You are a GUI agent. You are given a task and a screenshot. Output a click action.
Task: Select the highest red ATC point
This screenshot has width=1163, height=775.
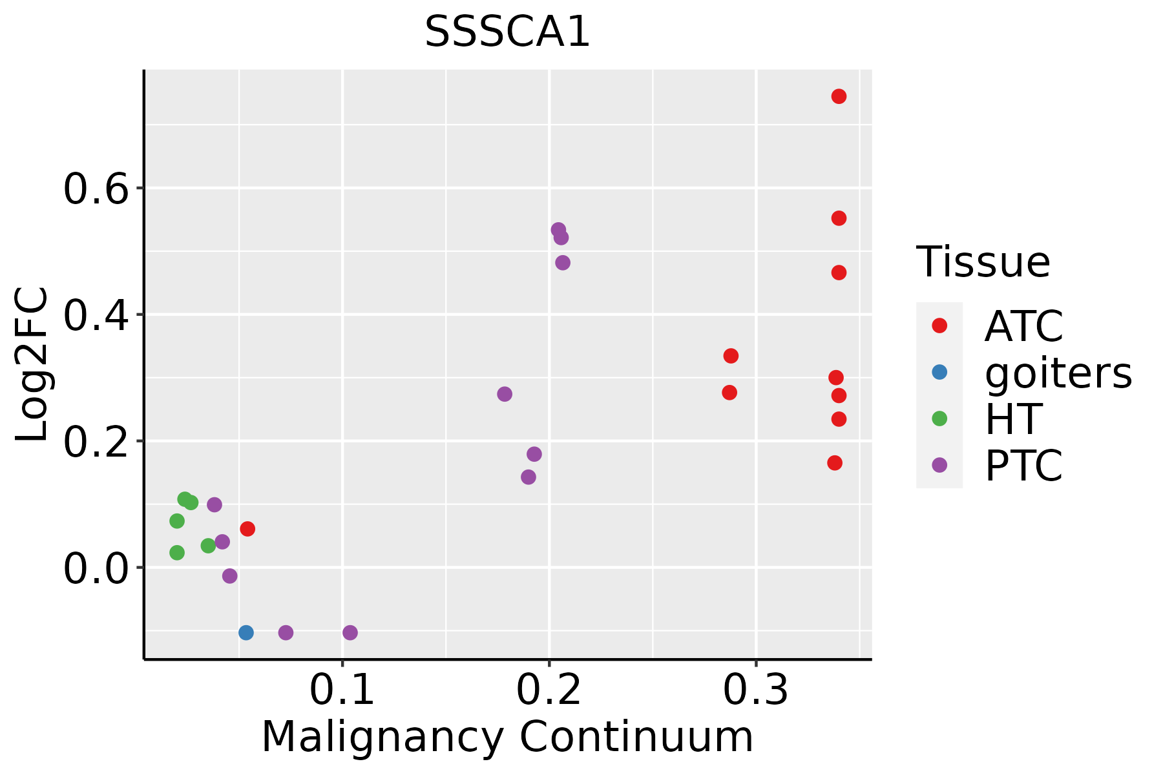click(x=839, y=96)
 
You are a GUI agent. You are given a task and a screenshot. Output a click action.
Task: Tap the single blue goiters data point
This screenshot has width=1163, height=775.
click(x=246, y=632)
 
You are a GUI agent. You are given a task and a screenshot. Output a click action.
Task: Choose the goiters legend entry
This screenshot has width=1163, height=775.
click(x=1058, y=373)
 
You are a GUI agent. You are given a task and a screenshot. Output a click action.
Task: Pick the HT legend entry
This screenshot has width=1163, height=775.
click(x=1012, y=419)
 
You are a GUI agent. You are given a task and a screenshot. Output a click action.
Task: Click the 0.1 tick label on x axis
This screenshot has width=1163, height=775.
click(x=342, y=690)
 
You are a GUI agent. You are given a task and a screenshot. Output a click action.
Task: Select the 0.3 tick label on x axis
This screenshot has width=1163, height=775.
click(x=755, y=690)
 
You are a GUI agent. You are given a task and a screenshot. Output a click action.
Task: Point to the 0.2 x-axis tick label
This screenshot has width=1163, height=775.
click(x=549, y=690)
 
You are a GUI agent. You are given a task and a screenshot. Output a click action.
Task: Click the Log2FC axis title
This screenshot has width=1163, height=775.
click(x=32, y=365)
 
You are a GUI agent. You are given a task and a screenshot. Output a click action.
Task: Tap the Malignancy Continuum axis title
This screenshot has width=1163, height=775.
click(x=507, y=737)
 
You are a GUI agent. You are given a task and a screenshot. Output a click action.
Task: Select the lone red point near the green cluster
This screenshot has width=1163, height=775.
click(x=247, y=529)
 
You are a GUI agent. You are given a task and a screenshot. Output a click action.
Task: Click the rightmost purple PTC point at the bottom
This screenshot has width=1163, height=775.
click(x=350, y=632)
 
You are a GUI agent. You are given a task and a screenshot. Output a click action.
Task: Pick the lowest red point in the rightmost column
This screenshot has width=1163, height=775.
click(x=835, y=462)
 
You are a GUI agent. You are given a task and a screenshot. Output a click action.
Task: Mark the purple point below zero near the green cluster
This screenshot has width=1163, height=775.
click(x=229, y=575)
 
